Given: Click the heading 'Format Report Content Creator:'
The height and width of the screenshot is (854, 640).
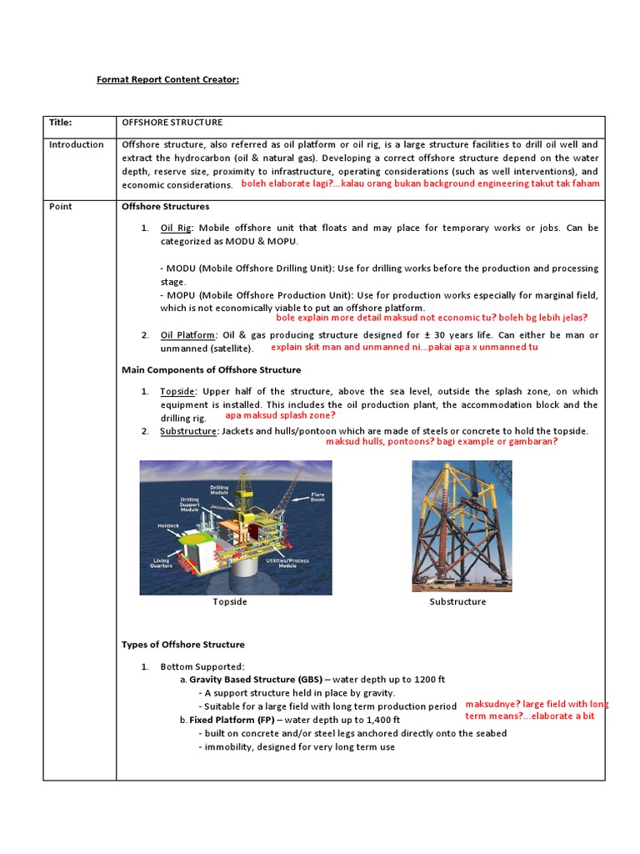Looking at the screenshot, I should point(167,79).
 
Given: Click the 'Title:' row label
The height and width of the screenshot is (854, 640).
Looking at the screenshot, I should point(61,122).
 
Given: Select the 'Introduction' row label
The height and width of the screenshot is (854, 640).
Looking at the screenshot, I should point(76,144).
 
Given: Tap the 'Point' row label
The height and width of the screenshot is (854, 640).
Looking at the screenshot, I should point(60,206).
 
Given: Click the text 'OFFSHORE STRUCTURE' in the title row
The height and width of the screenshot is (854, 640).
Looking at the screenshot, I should point(172,122).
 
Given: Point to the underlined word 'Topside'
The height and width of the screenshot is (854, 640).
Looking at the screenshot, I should point(177,391).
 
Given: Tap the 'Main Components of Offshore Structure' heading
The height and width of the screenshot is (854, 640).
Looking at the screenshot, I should point(212,369).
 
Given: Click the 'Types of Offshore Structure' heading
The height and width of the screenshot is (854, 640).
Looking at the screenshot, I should point(183,645).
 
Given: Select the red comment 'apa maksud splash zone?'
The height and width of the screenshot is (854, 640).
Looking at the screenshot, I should point(281,415).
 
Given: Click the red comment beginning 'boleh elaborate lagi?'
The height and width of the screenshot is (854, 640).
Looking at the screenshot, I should point(420,183).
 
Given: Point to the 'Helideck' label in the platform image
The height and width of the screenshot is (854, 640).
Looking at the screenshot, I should point(167,526).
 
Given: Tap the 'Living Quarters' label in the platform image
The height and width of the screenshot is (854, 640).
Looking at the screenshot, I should point(161,563).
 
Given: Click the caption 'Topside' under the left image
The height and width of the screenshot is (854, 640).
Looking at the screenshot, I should point(230,601).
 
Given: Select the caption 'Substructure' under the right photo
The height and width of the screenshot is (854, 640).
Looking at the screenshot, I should point(457,601).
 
